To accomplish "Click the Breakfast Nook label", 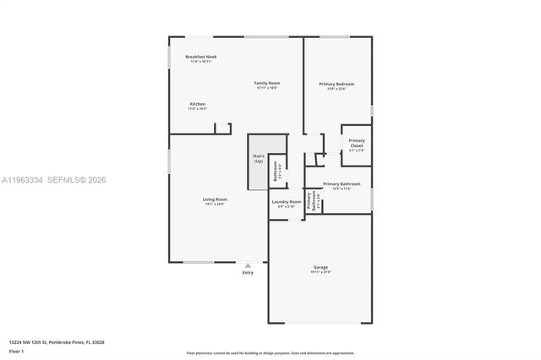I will click(200, 57).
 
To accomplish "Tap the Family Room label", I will click(267, 83).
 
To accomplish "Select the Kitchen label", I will click(197, 104).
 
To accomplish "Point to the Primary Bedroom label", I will click(336, 84).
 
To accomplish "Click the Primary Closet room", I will click(357, 145).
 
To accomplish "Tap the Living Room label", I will click(215, 199).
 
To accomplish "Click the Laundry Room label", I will click(287, 202).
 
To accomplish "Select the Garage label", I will click(320, 267).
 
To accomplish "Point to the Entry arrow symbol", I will click(248, 265).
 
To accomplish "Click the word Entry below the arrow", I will click(248, 272).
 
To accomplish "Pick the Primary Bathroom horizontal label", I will click(342, 183).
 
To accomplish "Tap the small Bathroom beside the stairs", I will click(276, 172).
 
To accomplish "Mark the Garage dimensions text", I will click(320, 272).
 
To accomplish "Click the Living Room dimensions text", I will click(215, 205).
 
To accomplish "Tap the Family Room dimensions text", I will click(267, 88).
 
